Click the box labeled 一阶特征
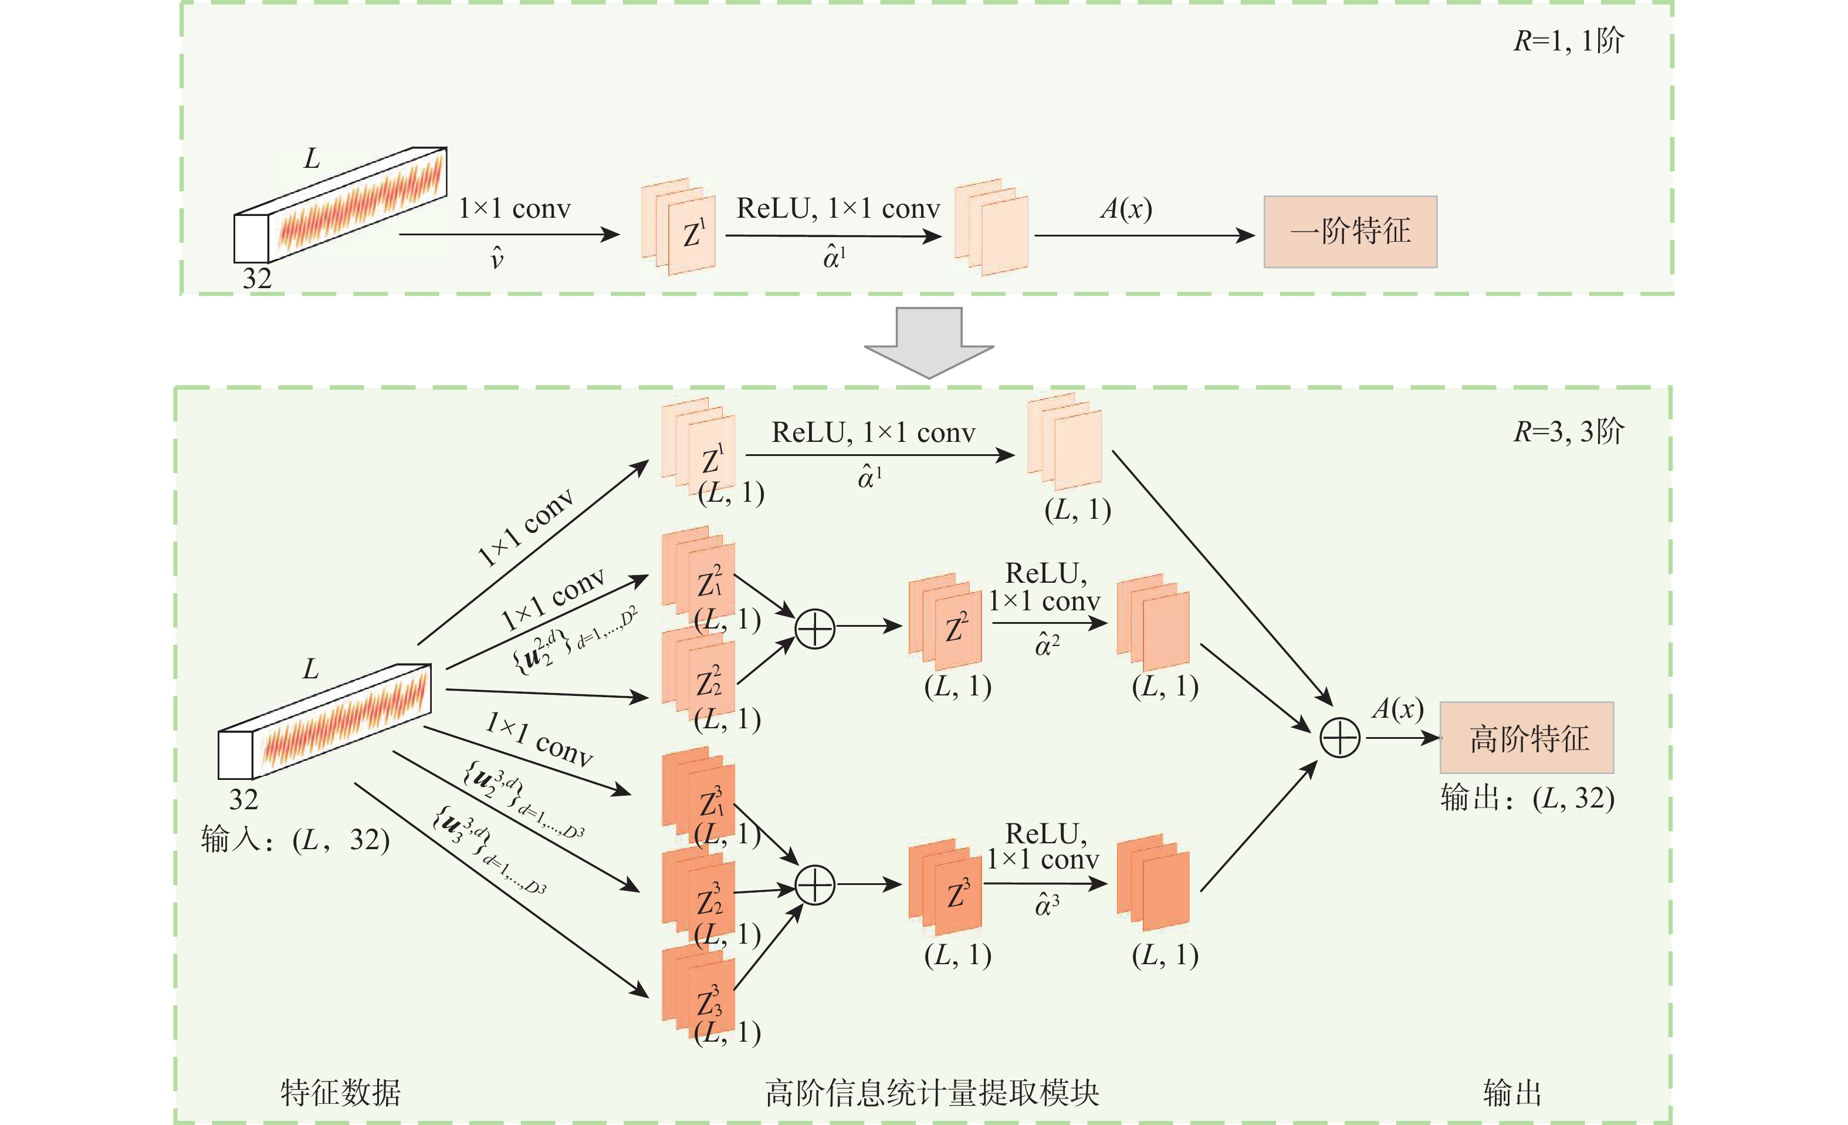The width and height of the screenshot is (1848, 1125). click(1350, 232)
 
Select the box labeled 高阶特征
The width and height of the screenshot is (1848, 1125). click(1527, 738)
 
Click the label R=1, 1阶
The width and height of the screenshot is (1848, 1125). click(1568, 40)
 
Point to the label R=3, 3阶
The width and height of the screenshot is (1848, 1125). click(1568, 432)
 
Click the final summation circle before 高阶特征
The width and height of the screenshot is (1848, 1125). click(1339, 738)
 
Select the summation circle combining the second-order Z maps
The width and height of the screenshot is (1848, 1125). click(814, 629)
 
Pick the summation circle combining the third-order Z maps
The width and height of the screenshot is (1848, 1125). click(814, 885)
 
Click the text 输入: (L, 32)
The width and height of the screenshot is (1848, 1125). click(295, 840)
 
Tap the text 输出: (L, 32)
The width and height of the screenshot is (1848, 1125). click(1527, 798)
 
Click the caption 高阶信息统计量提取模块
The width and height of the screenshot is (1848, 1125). click(932, 1093)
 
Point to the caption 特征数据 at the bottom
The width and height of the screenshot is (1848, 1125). click(340, 1093)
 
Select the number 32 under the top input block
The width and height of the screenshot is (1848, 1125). click(256, 278)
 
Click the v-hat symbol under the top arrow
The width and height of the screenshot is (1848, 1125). click(496, 258)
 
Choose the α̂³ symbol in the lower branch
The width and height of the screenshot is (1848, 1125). click(1047, 906)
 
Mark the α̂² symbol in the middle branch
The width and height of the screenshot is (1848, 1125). click(1047, 644)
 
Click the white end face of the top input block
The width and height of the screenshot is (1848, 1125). click(251, 238)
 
